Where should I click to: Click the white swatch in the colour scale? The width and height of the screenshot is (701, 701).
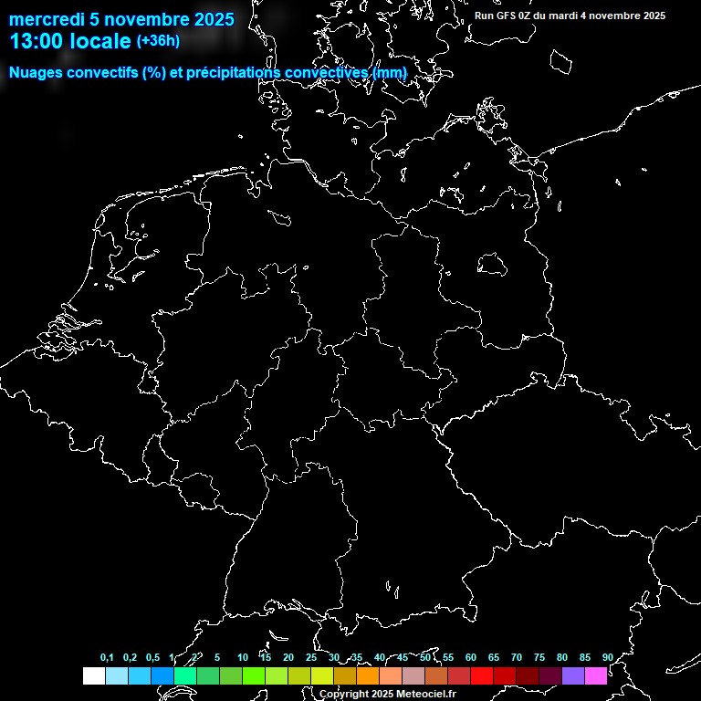coord(93,676)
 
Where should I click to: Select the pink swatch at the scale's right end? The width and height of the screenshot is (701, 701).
coord(595,676)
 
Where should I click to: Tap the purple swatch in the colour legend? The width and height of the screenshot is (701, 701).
coord(572,676)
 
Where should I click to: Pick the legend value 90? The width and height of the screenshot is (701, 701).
coord(607,658)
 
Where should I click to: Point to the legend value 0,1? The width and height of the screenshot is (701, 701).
coord(107,658)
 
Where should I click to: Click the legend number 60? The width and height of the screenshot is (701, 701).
coord(470,658)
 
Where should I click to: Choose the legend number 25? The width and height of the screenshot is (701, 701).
coord(310,658)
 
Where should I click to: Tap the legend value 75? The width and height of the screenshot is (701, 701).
coord(539,658)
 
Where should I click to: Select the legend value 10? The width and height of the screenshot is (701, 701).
coord(242,658)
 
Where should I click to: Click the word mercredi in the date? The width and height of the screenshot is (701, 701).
coord(45,20)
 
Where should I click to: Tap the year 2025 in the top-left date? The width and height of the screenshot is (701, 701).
coord(213,20)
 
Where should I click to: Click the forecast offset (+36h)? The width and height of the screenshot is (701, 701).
coord(157,41)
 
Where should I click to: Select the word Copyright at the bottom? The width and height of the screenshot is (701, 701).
coord(343,694)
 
